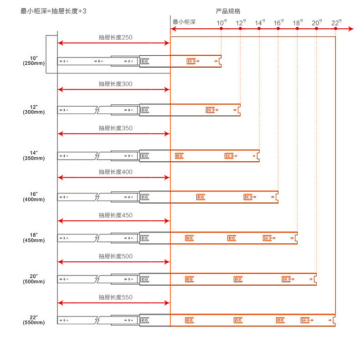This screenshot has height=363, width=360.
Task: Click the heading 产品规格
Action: click(228, 10)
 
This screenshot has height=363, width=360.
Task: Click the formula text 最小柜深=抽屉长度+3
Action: click(53, 10)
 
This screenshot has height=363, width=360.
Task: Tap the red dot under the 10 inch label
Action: click(221, 29)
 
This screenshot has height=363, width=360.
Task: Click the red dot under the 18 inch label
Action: click(297, 29)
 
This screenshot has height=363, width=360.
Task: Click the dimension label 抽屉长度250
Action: click(115, 37)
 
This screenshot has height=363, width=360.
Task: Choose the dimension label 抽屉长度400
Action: click(115, 172)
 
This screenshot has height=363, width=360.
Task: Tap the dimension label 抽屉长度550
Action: click(115, 297)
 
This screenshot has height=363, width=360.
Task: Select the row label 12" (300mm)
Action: click(34, 109)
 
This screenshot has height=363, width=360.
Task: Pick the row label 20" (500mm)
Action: click(34, 279)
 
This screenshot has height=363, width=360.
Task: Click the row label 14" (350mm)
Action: click(34, 156)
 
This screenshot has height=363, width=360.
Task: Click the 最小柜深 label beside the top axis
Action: click(184, 22)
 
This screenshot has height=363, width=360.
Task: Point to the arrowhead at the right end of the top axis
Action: click(351, 29)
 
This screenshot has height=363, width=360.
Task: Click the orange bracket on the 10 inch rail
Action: click(193, 61)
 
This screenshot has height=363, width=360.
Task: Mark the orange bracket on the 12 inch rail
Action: click(211, 109)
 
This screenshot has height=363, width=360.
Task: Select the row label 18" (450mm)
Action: click(34, 238)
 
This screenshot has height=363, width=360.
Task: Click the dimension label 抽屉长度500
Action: click(115, 256)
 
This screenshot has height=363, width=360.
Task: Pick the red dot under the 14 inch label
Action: click(259, 29)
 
